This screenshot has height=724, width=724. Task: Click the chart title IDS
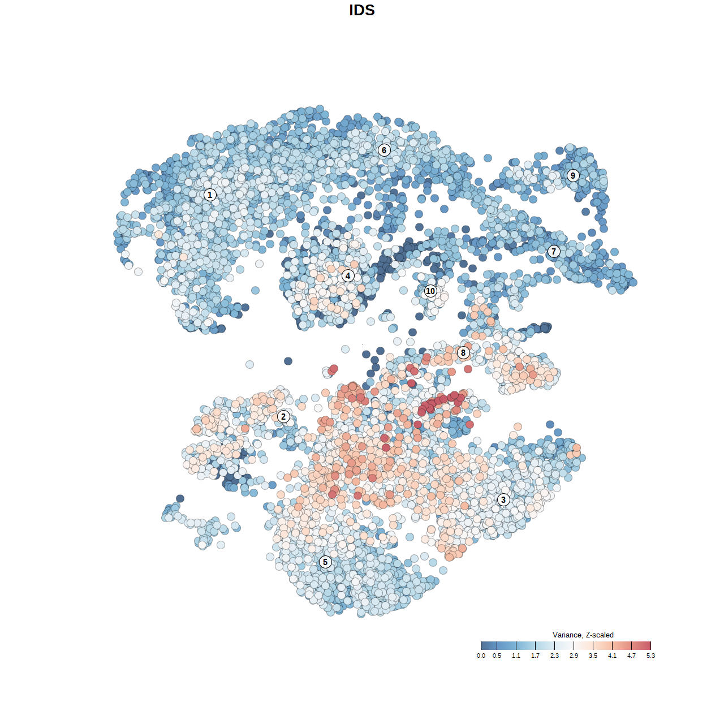pos(362,10)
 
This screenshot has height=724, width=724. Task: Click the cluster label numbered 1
pos(210,195)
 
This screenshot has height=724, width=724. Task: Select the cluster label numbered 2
pos(283,417)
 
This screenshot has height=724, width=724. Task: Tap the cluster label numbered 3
pos(503,499)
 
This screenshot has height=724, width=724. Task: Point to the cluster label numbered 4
pos(348,276)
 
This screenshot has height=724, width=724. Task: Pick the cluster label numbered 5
pos(325,562)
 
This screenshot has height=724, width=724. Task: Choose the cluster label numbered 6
pos(384,150)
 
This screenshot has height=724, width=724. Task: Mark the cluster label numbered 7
pos(554,251)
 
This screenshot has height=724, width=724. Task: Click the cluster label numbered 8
pos(463,353)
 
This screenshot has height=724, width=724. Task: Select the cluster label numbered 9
pos(573,175)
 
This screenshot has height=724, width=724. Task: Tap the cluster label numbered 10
pos(430,291)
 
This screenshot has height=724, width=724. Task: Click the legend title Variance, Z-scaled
pos(583,635)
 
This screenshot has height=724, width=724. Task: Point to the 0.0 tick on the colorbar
pos(481,646)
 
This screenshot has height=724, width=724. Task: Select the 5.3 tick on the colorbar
pos(650,646)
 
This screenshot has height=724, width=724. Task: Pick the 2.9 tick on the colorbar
pos(574,646)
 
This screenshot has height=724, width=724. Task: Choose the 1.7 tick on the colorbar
pos(535,646)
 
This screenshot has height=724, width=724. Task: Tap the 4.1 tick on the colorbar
pos(612,646)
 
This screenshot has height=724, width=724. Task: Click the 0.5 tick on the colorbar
pos(497,646)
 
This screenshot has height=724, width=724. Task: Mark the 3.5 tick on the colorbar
pos(593,646)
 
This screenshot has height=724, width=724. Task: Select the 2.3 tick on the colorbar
pos(554,646)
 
